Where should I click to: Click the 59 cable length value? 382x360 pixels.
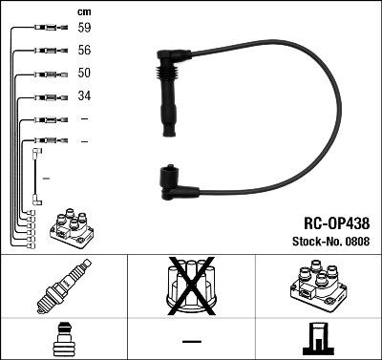point(84,29)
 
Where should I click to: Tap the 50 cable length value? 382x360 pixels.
point(84,74)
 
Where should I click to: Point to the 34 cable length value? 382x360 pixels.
point(84,96)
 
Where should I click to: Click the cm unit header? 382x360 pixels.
point(83,11)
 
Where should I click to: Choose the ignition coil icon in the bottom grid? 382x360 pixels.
point(317,284)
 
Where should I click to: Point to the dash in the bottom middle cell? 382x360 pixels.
point(191,341)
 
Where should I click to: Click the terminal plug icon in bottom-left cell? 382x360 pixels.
point(63,339)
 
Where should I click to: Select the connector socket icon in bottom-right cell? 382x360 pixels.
point(317,340)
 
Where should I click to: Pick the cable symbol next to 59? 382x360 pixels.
point(45,29)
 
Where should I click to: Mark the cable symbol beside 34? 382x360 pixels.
point(45,96)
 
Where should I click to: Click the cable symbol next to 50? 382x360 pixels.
point(45,74)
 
